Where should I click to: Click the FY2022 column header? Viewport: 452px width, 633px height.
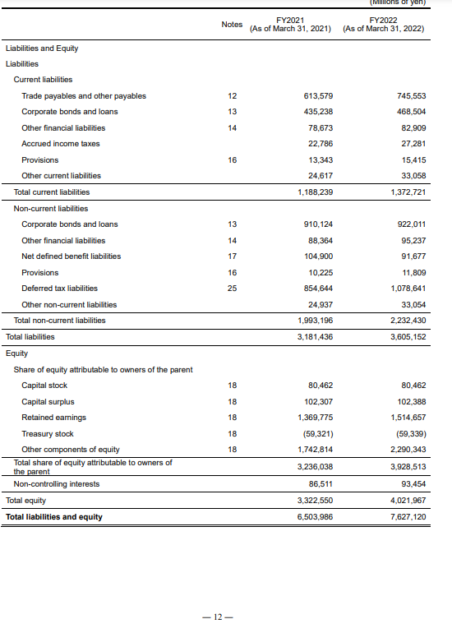tap(384, 24)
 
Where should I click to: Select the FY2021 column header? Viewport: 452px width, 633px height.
tap(290, 24)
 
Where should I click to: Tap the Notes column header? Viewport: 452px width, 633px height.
tap(232, 24)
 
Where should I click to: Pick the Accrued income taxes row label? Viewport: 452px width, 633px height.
tap(60, 144)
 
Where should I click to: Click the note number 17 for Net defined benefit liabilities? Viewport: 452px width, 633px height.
tap(232, 256)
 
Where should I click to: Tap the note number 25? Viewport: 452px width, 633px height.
tap(232, 288)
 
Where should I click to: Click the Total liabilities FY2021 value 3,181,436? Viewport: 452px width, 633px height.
tap(316, 336)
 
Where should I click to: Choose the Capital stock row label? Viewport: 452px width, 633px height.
tap(44, 385)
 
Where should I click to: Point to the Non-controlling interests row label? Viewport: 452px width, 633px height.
tap(57, 484)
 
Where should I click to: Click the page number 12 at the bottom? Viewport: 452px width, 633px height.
tap(224, 617)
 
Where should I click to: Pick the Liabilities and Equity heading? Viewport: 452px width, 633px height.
tap(42, 48)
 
